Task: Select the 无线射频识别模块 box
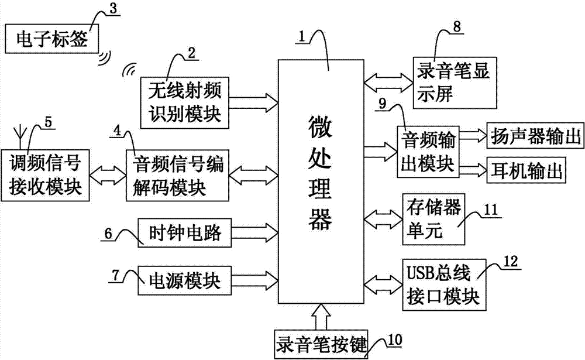[185, 102]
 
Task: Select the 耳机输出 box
[526, 172]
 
